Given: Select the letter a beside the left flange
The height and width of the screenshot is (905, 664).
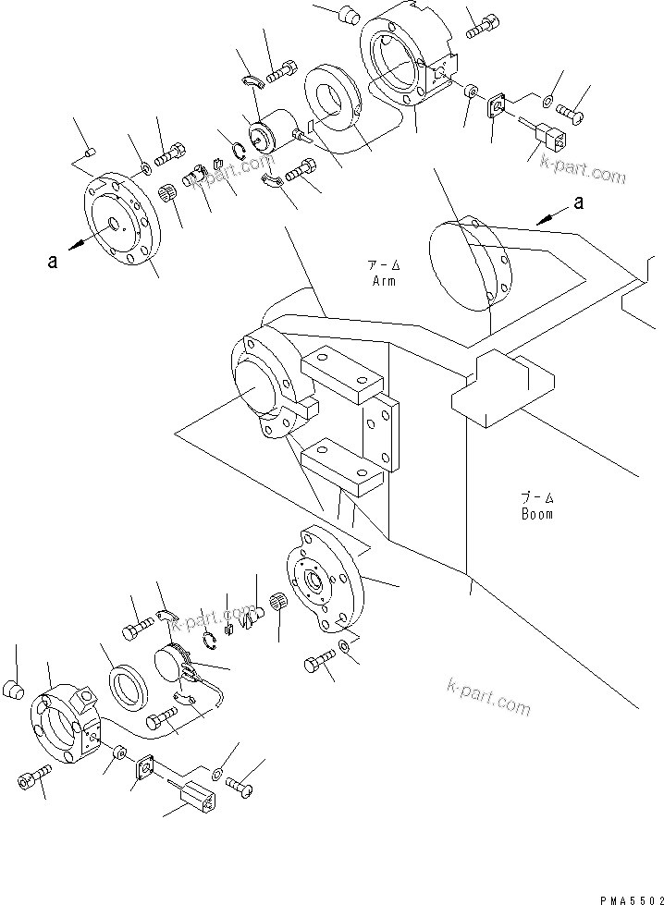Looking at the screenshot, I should click(x=53, y=262).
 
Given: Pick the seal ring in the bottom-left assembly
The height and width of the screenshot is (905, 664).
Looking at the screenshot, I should click(x=128, y=691).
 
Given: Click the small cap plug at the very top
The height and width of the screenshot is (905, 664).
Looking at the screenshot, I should click(x=350, y=14).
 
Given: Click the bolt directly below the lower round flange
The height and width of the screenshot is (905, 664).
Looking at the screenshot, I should click(x=317, y=665).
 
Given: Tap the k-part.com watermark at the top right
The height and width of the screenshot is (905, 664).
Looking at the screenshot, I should click(x=579, y=172).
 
